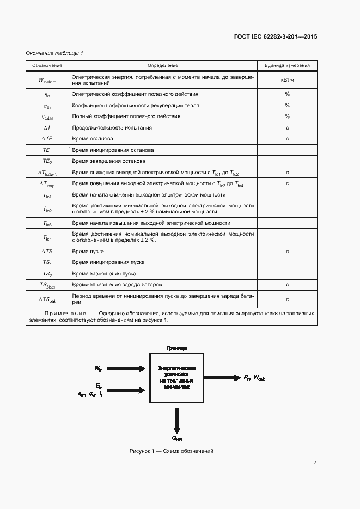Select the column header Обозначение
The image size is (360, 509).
pos(47,65)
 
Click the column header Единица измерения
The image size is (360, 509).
pos(287,65)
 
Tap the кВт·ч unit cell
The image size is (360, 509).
pos(287,81)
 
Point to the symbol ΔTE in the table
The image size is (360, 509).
pos(47,139)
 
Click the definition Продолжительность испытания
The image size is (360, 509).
pos(112,127)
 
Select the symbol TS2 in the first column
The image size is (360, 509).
pos(47,274)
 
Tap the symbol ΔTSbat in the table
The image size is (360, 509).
pos(47,299)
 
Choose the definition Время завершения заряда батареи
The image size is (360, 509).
pos(117,285)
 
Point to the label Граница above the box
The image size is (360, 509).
pos(176,347)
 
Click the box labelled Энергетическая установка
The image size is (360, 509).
pos(176,377)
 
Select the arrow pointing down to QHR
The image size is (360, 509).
pos(176,420)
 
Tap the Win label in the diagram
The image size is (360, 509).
pos(98,369)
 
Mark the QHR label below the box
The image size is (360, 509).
pos(177,438)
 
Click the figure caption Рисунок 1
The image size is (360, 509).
pos(171,451)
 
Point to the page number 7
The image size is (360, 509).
pos(315,463)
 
